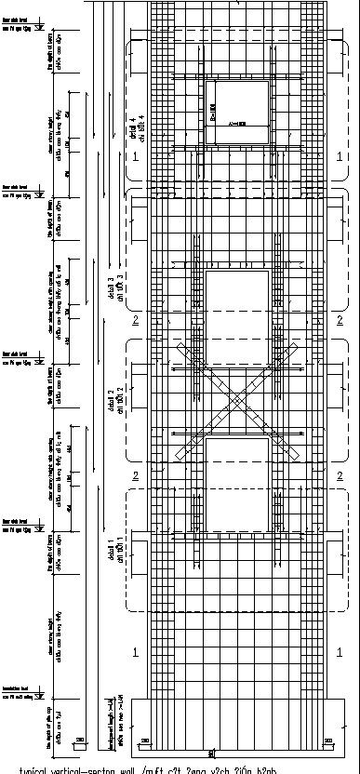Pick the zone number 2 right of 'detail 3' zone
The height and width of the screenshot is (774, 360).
coord(340,321)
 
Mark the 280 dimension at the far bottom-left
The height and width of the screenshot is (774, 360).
coord(82,741)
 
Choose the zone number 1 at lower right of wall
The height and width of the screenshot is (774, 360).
coord(340,654)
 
